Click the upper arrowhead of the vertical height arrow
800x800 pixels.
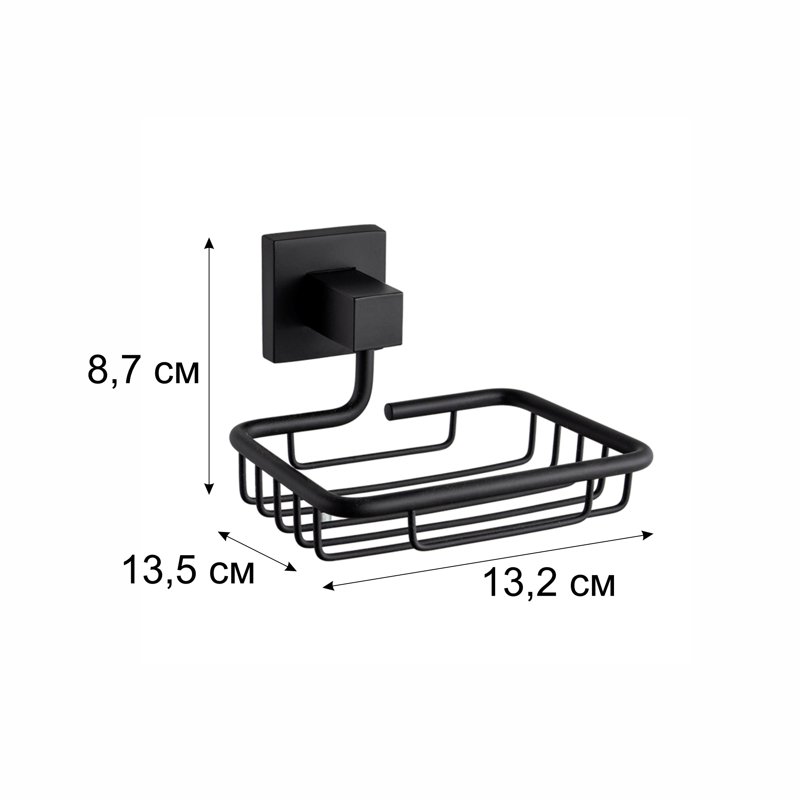(210, 243)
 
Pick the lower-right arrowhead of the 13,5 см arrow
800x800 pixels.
(291, 568)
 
